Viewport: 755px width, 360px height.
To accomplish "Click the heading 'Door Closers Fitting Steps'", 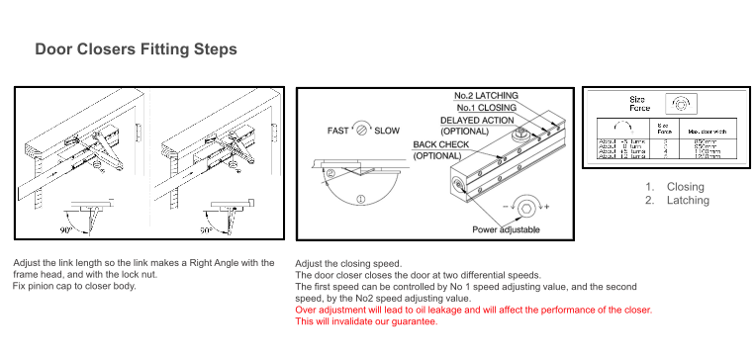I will click(x=136, y=48).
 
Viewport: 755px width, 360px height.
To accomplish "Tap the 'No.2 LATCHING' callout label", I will click(x=486, y=95).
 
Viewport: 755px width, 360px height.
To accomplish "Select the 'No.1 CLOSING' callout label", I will click(x=486, y=107).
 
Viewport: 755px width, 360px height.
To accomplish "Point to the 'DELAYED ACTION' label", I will click(x=477, y=120).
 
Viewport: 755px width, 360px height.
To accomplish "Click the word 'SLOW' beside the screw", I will click(x=388, y=131).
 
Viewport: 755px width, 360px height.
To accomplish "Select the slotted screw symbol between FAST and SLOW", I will click(x=363, y=131).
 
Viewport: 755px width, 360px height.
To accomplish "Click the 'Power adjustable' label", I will click(x=506, y=229).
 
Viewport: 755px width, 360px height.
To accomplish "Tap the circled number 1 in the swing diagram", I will click(x=360, y=200).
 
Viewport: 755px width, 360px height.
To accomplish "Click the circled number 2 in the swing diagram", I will click(x=331, y=172).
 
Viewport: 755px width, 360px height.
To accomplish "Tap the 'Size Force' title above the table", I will click(x=639, y=103).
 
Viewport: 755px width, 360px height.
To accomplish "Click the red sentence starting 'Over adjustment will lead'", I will click(x=473, y=310).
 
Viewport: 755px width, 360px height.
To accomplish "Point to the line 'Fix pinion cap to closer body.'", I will click(x=74, y=286).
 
